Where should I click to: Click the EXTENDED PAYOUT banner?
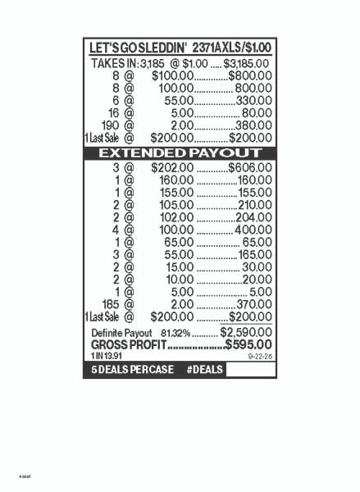pyautogui.click(x=180, y=153)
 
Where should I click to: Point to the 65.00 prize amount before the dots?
pyautogui.click(x=179, y=242)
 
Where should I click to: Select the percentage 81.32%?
pyautogui.click(x=176, y=333)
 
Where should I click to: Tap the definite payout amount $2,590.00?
pyautogui.click(x=246, y=333)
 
